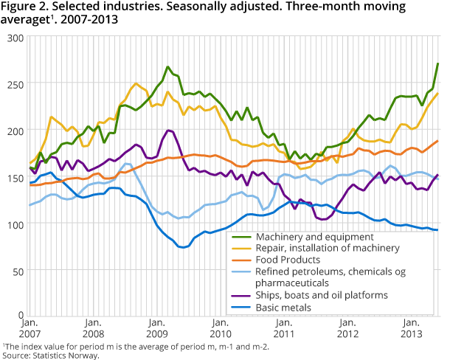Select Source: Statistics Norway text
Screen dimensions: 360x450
(49, 355)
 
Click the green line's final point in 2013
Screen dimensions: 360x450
(438, 63)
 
